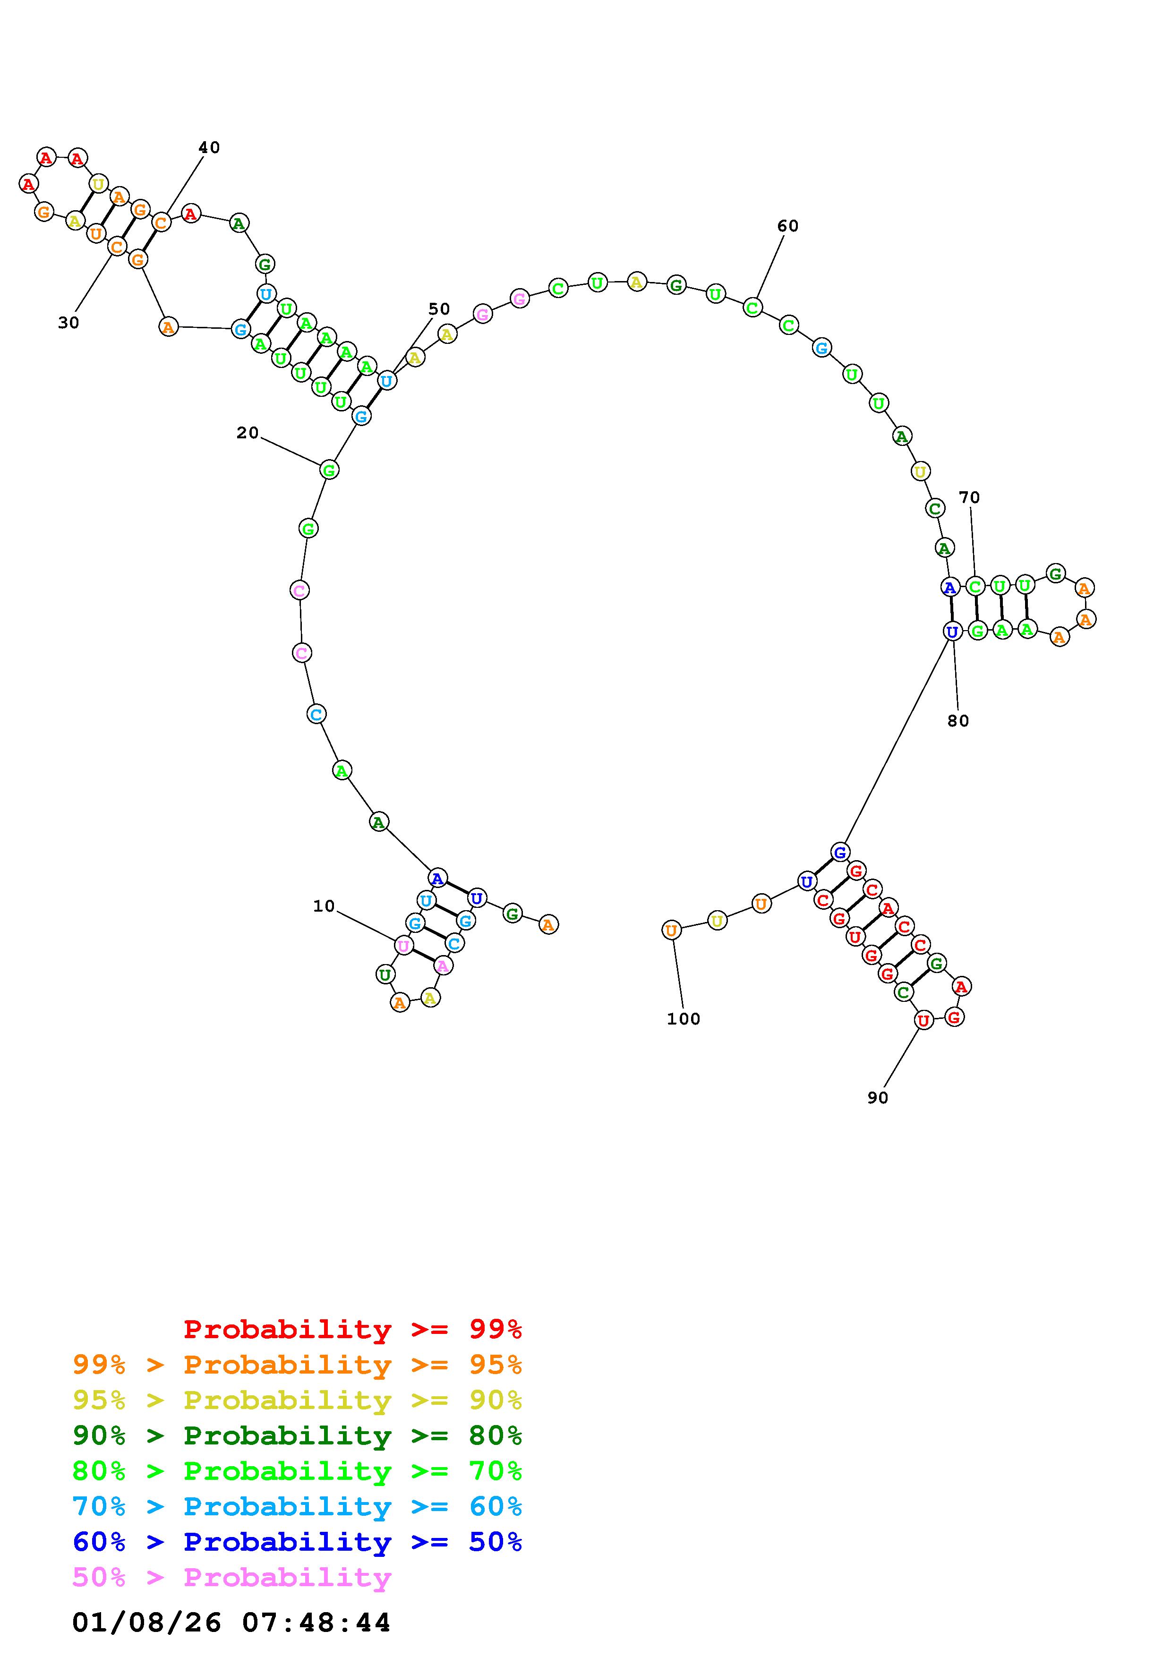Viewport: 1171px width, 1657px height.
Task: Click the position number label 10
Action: (324, 906)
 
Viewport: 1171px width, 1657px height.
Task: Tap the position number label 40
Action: (209, 148)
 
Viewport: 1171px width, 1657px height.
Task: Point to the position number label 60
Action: (788, 227)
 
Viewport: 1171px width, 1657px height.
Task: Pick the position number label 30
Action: (68, 323)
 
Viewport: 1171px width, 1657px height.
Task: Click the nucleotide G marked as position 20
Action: (329, 470)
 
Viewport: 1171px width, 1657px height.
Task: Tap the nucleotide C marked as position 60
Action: (752, 308)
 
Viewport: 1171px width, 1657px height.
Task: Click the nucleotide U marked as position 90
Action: (923, 1020)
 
